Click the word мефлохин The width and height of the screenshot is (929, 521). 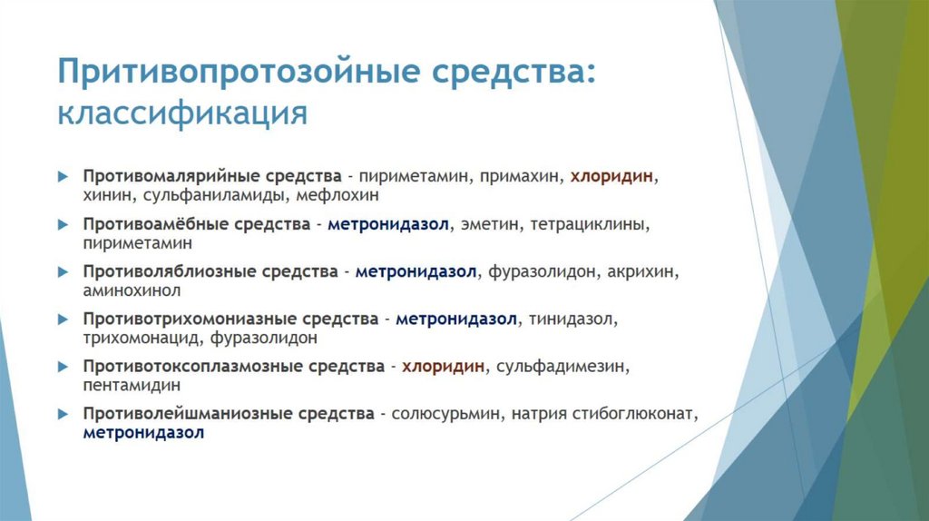click(344, 194)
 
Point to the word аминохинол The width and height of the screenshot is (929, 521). click(132, 290)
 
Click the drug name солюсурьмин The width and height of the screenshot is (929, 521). click(446, 414)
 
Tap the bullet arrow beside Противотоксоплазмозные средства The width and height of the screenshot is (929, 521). click(63, 368)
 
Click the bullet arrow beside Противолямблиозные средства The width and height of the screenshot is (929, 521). click(63, 271)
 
